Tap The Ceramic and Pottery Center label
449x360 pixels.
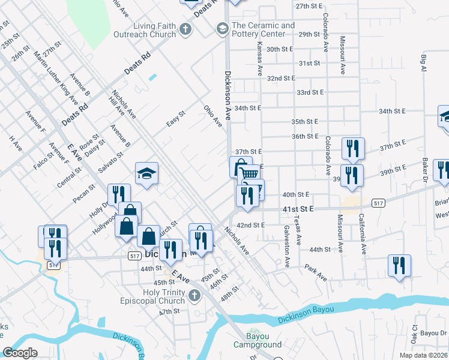263,29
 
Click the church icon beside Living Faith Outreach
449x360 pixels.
186,29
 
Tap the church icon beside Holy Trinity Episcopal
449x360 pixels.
193,295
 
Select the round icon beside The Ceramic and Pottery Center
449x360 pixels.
223,28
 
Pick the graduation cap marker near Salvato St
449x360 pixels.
146,174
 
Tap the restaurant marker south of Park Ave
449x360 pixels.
399,265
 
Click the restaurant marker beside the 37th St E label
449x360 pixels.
352,148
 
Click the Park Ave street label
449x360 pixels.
315,272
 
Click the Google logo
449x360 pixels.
20,352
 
